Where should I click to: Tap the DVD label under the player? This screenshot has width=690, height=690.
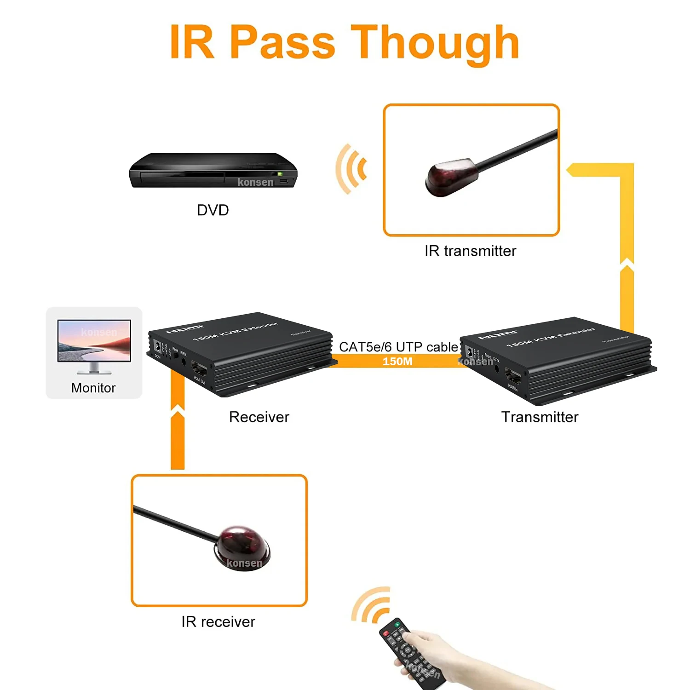coord(213,210)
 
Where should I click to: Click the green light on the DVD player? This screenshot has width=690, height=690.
coord(279,174)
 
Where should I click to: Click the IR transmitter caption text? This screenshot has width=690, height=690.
coord(470,251)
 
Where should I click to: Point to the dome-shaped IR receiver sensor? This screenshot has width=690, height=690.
coord(242,547)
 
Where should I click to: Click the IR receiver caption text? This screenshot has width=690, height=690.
coord(218,622)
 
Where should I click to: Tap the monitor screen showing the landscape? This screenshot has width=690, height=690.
coord(94,340)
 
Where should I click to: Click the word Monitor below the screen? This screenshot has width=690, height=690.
coord(93,388)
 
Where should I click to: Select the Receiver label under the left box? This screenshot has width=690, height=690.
coord(259,417)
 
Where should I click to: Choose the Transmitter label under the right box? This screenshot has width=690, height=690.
coord(540,417)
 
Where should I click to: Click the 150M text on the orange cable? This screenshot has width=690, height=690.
coord(397,362)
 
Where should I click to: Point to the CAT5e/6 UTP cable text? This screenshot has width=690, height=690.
coord(398,347)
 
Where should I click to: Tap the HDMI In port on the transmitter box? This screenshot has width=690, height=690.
coord(513,377)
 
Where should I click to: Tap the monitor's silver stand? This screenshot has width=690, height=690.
coord(94,368)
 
